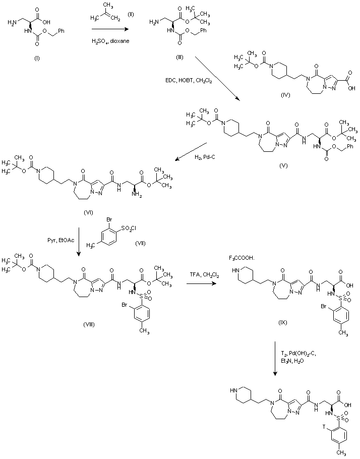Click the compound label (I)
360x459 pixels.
pos(36,59)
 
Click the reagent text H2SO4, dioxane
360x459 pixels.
pos(110,40)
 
